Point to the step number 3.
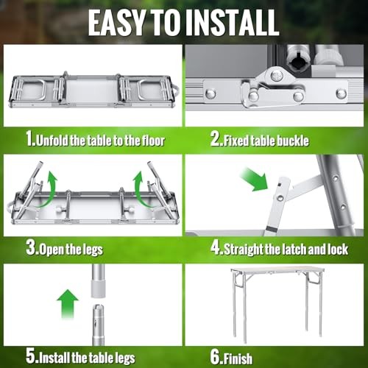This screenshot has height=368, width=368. (32, 249)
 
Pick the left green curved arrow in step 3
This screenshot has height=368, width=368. (46, 188)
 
